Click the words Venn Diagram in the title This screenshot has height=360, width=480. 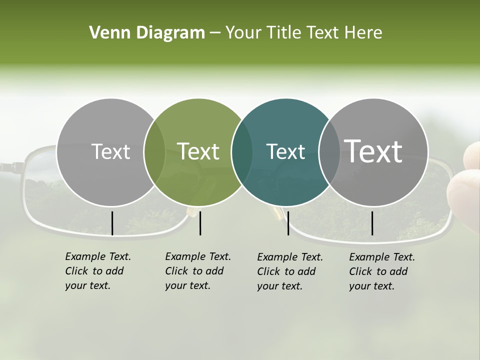coord(147,33)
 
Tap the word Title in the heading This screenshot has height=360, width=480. coord(284,33)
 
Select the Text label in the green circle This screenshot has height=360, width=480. coord(198,151)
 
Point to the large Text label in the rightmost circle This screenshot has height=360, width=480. coord(373,151)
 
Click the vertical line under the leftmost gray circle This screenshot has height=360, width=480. coord(112,223)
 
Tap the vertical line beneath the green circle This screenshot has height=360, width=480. coord(200,223)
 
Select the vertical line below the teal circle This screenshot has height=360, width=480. coord(288,223)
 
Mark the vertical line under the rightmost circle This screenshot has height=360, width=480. coord(372,223)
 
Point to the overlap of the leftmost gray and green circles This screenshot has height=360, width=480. coord(154,152)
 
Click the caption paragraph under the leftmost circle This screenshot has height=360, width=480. coord(98,271)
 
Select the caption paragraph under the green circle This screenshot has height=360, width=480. coord(198,271)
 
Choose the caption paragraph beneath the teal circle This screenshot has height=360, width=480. coord(290,271)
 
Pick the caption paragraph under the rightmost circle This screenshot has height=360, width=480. coord(382,271)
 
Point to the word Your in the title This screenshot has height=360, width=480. coord(243,33)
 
